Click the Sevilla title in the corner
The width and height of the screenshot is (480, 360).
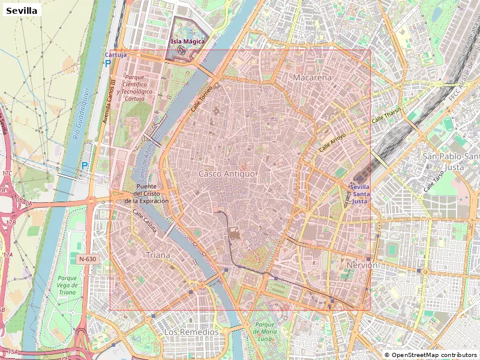[22, 10]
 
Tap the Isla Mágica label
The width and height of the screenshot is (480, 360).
[188, 41]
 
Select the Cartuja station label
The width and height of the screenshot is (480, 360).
[115, 55]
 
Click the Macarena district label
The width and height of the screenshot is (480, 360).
[312, 78]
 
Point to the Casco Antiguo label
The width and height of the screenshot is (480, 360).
[227, 173]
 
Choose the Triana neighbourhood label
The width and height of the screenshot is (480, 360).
[158, 255]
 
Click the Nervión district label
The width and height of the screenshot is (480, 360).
[362, 265]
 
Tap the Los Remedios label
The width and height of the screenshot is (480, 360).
[191, 332]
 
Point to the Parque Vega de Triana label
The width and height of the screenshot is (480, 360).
[68, 285]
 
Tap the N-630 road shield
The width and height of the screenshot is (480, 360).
[87, 259]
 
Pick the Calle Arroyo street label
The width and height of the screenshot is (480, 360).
[332, 142]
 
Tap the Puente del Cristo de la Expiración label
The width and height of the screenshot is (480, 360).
[146, 194]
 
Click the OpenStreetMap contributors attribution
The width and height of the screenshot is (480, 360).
[431, 355]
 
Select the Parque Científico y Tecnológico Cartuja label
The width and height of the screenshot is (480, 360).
[137, 88]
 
